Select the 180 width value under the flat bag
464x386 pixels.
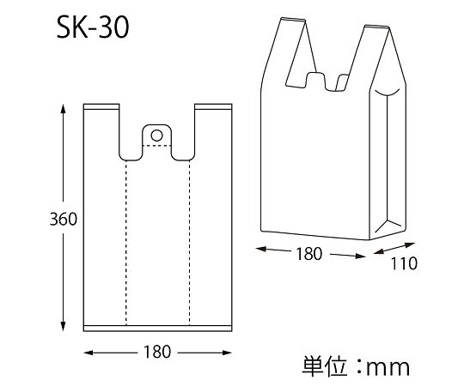click(158, 353)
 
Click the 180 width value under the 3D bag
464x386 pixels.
click(308, 254)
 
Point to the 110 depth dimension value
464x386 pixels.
click(402, 263)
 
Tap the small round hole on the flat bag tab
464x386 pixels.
click(156, 134)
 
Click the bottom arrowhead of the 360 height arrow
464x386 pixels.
click(64, 328)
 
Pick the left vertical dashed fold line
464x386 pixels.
click(125, 240)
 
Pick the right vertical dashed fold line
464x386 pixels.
click(190, 240)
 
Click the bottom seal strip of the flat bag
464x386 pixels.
click(158, 326)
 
